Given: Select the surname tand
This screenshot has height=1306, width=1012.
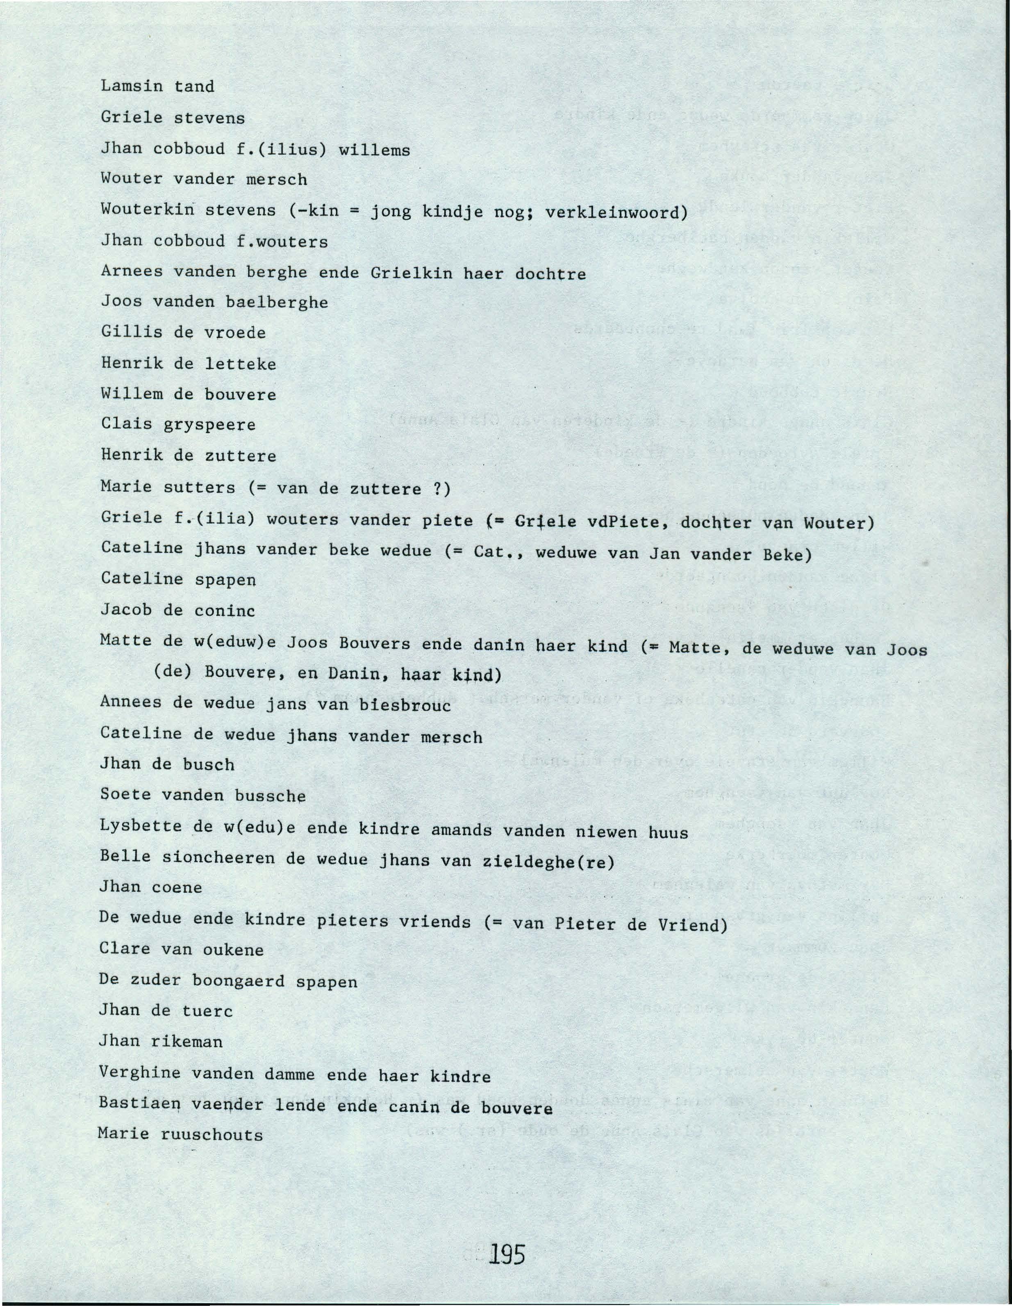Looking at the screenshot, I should [194, 87].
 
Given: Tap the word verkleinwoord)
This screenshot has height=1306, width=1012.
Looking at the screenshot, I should [617, 212].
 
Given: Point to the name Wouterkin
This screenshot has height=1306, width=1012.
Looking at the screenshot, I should [147, 210].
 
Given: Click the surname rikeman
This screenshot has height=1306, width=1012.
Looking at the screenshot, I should [186, 1042].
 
